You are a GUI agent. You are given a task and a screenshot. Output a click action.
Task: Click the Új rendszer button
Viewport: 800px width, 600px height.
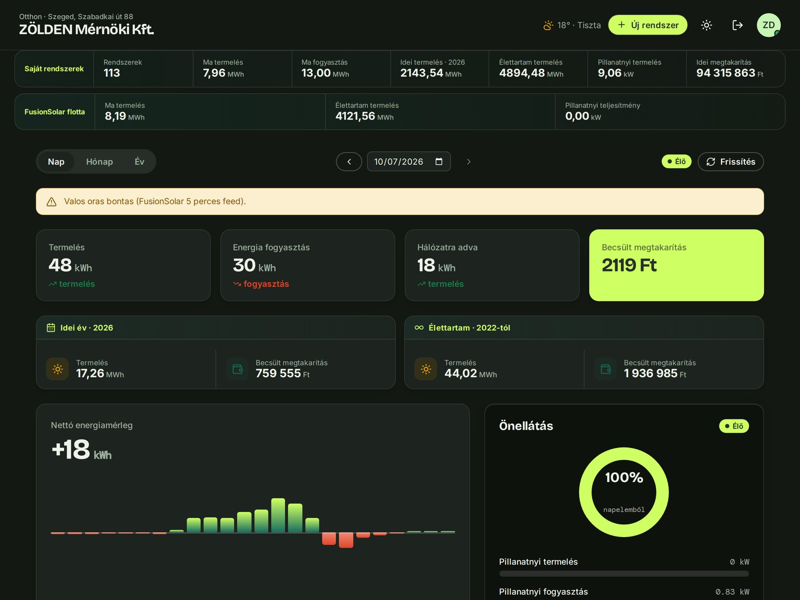[x=647, y=25]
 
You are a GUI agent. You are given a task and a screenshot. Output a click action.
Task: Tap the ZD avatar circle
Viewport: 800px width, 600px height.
[x=768, y=25]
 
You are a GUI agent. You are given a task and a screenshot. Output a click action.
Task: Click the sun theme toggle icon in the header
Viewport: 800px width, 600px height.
[x=706, y=25]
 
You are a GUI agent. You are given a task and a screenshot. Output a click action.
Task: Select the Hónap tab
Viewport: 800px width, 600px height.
[x=99, y=161]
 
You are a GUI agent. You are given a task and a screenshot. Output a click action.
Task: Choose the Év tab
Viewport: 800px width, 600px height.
[x=139, y=161]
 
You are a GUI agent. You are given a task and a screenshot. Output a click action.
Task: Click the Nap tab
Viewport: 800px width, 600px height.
[x=56, y=161]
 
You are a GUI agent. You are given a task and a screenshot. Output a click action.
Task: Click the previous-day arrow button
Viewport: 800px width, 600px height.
[x=349, y=161]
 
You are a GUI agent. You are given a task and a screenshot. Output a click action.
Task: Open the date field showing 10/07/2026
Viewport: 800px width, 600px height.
[x=408, y=161]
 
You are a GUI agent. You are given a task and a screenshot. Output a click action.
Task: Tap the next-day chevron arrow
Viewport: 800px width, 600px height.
[x=468, y=161]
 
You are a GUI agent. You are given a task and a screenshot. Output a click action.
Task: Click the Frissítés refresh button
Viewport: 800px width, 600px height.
[x=730, y=161]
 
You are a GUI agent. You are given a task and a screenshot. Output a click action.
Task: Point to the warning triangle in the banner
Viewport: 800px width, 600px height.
[x=51, y=201]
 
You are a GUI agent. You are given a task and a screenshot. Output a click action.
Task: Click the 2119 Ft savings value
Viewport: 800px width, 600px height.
[x=628, y=265]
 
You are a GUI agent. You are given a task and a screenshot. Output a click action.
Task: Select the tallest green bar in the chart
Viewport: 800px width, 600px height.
[x=278, y=515]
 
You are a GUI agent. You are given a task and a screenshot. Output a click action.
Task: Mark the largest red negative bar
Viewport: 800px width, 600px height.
[x=346, y=540]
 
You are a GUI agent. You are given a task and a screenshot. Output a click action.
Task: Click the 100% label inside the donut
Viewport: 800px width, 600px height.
[x=624, y=477]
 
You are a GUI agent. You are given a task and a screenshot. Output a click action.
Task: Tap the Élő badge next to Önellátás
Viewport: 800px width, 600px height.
[x=733, y=426]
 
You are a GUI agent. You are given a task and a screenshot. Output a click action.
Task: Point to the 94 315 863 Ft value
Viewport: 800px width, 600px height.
[x=729, y=73]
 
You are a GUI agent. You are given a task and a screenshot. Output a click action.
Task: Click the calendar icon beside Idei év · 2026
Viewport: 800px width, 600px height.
[x=51, y=327]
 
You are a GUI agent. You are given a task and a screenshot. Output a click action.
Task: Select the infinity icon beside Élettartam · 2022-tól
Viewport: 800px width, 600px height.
[x=419, y=327]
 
